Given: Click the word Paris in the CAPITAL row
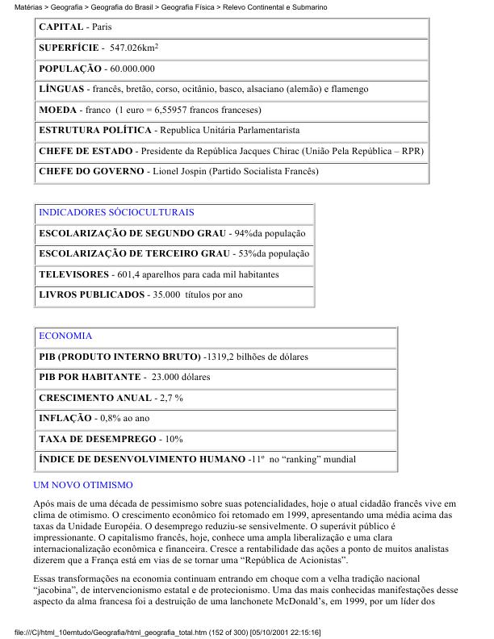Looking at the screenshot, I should point(102,27).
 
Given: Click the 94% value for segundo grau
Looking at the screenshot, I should point(242,233).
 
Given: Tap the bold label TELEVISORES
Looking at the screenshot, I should point(73,274).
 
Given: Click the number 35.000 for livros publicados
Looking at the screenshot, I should point(166,295).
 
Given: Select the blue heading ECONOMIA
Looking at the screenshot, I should point(65,336).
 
